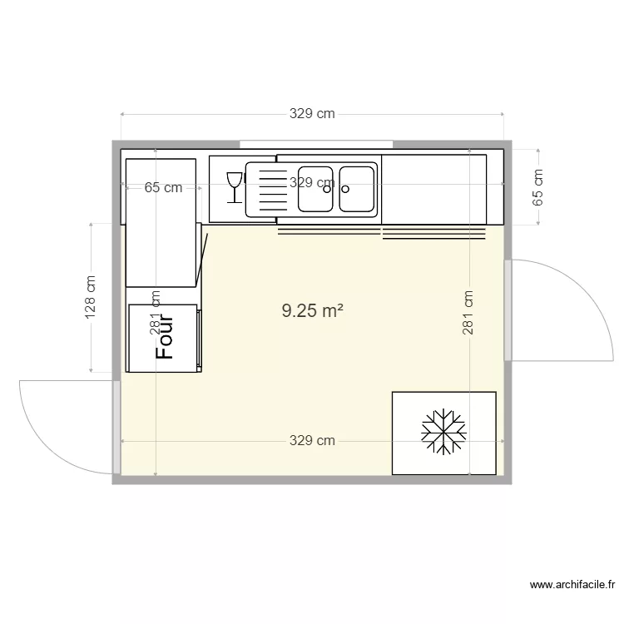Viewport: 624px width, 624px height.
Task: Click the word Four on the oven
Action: point(165,336)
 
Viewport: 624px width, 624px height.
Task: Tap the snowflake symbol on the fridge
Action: point(443,433)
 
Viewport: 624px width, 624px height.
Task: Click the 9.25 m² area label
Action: point(312,311)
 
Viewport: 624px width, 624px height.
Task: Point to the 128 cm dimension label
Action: point(91,297)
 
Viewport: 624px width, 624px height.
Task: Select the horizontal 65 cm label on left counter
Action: point(163,188)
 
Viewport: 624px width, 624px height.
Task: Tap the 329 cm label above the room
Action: point(312,114)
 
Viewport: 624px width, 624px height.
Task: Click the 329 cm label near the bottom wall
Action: point(312,440)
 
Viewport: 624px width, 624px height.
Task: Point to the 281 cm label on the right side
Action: point(469,311)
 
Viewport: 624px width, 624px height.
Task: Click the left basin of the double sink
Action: point(316,188)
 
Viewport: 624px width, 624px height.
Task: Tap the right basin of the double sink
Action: point(357,188)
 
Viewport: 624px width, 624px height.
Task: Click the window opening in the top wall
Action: point(316,144)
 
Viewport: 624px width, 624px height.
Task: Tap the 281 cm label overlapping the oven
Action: point(154,313)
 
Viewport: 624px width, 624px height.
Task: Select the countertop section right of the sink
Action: point(433,188)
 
